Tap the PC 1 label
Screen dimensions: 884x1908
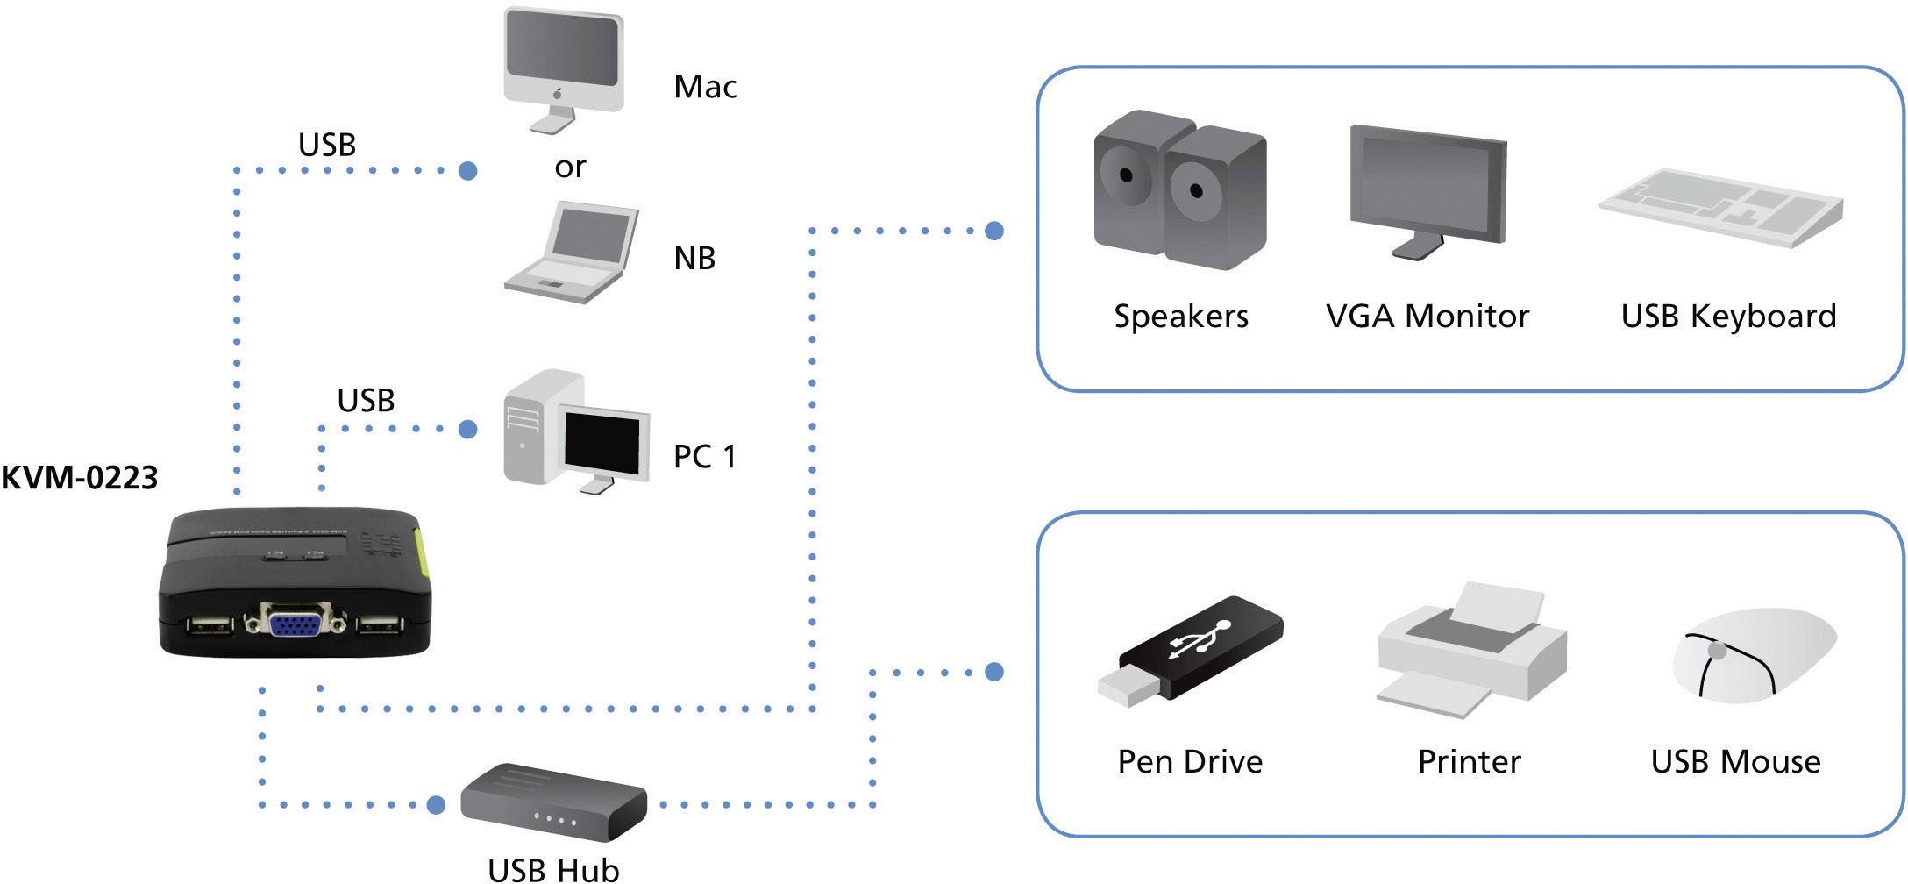704,457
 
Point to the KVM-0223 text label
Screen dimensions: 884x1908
79,478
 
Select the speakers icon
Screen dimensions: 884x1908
1179,189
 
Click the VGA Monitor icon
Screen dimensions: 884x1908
1427,189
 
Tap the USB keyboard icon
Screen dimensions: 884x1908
1720,207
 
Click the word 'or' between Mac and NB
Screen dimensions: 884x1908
570,167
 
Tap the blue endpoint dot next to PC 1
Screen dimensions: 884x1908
468,429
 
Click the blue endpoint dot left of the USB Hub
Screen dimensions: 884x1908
436,804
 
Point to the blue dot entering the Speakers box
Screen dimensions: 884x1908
993,231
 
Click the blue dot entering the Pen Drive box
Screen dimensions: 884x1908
993,672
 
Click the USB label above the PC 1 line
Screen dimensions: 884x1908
366,401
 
